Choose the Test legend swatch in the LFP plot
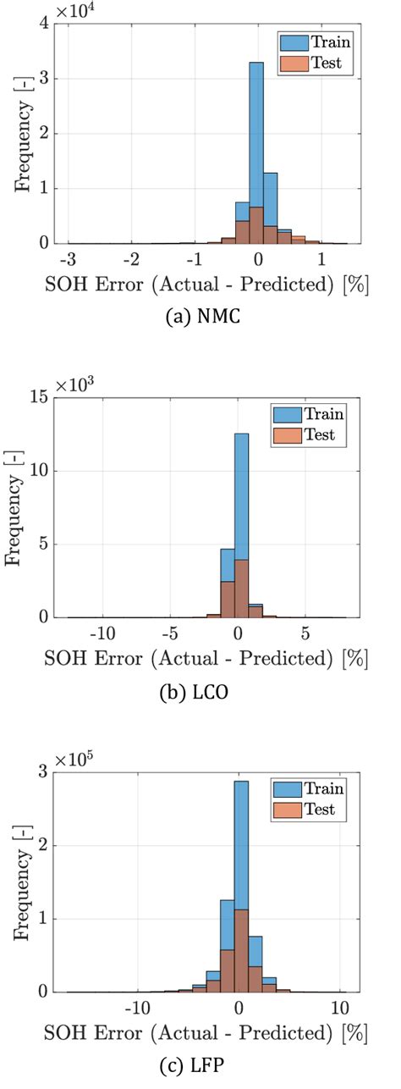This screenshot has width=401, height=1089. pos(287,810)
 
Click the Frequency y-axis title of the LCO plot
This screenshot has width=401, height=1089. pos(14,508)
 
